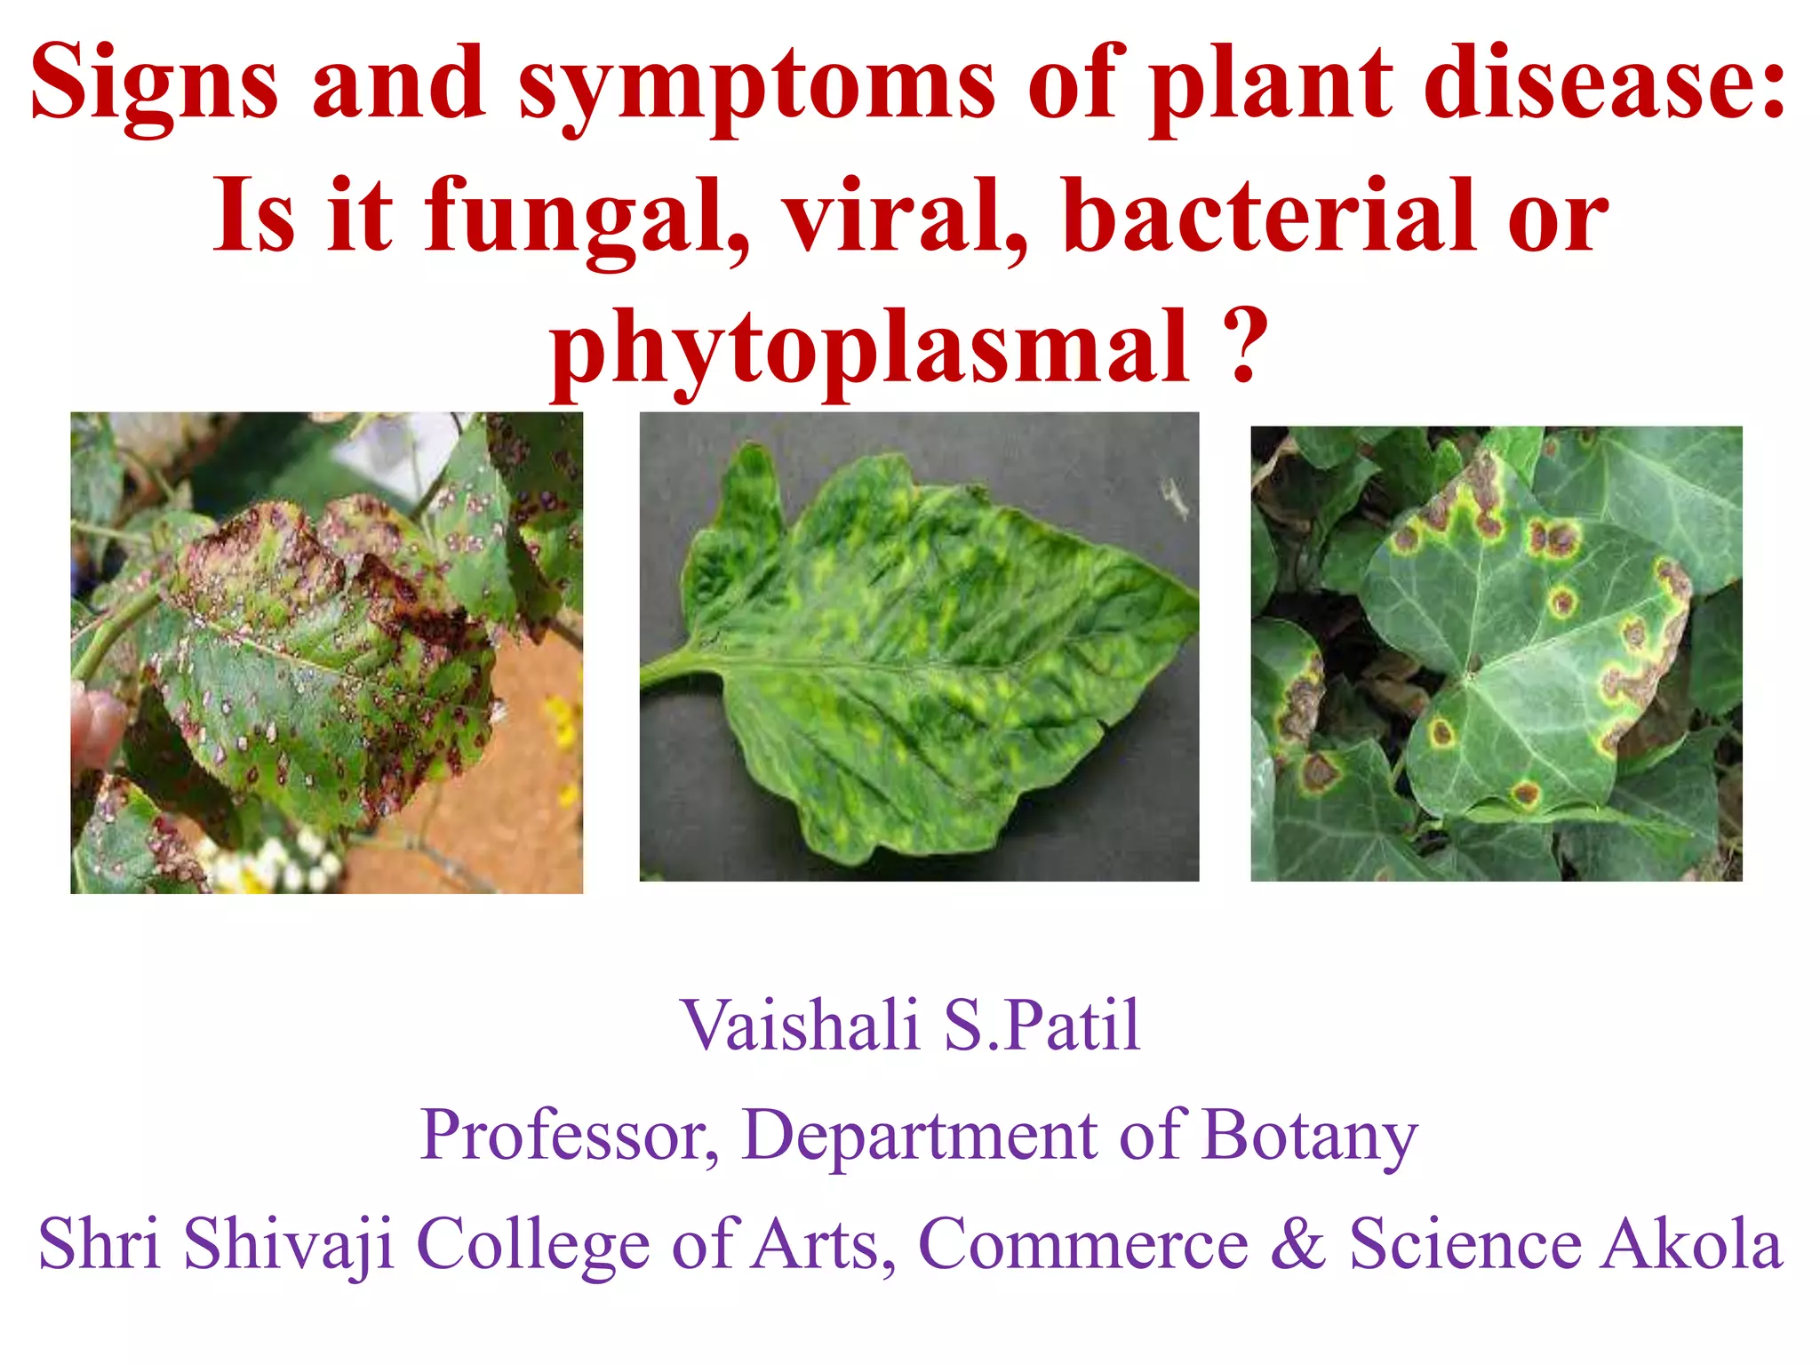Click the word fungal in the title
click(x=587, y=219)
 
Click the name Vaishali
click(x=800, y=1026)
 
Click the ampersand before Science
click(x=1297, y=1244)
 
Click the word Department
click(x=920, y=1137)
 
